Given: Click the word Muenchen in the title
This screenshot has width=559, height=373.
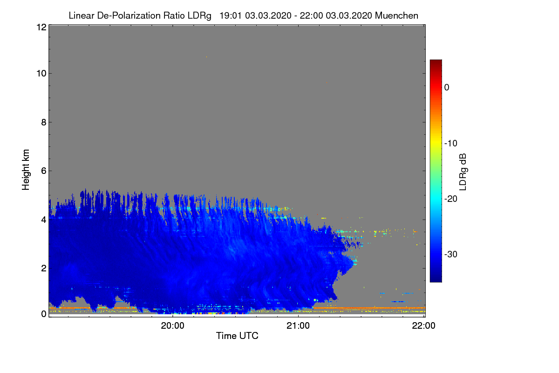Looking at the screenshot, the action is tap(396, 16).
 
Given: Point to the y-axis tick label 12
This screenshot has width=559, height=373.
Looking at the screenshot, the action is tap(41, 27).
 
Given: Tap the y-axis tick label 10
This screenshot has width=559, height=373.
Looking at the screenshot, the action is tap(41, 74).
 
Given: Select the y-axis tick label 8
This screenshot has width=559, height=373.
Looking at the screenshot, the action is tap(44, 122).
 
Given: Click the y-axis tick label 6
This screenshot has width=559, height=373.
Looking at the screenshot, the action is tap(44, 171).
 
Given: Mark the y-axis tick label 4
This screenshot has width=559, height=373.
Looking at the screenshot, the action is tap(44, 220).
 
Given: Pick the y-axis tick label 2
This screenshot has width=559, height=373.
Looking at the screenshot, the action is tap(44, 268).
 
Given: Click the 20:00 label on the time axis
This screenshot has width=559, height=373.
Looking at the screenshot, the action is tap(172, 326).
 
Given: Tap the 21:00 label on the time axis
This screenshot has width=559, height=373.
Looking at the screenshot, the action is tap(298, 326).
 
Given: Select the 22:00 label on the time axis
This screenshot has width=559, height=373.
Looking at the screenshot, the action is tap(423, 326).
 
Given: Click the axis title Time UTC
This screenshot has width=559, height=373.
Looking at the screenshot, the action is tap(237, 336).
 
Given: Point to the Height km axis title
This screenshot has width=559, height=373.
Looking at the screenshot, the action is tap(26, 170).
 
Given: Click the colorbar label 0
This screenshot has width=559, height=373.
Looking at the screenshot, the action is tap(447, 88).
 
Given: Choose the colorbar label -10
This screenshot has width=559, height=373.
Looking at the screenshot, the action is tap(451, 144).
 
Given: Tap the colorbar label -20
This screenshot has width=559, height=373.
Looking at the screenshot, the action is tap(451, 199).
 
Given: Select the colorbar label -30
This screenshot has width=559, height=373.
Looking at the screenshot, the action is tap(451, 254).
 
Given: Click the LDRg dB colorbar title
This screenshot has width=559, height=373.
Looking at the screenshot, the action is tap(463, 172).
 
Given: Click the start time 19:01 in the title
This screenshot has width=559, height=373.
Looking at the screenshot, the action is tap(231, 16).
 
